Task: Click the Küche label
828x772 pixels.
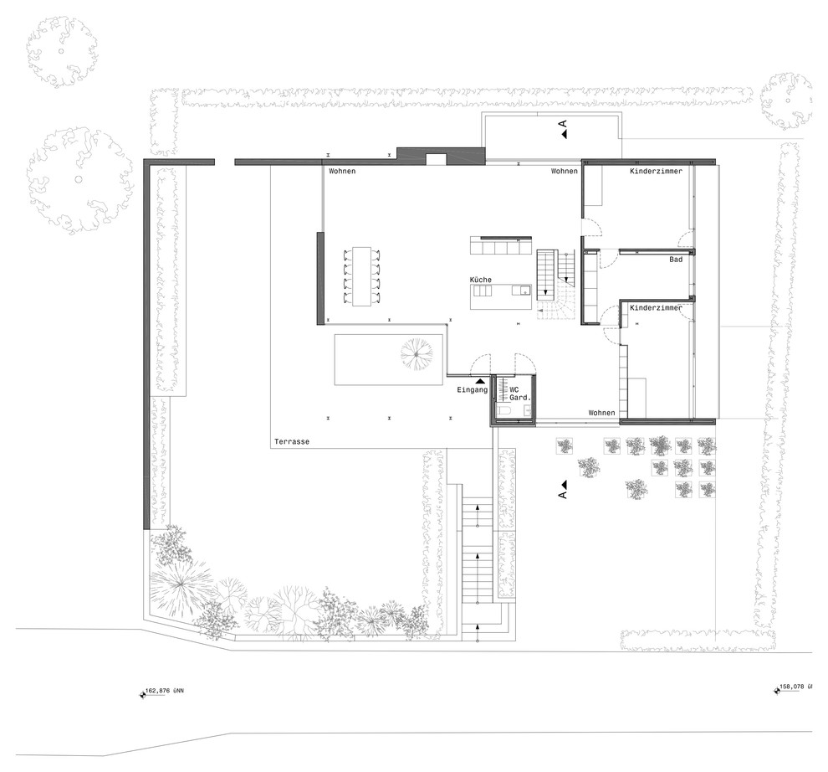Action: pyautogui.click(x=481, y=280)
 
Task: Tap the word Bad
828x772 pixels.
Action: pyautogui.click(x=676, y=259)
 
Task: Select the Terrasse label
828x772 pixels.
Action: pyautogui.click(x=292, y=441)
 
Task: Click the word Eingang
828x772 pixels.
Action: pyautogui.click(x=472, y=389)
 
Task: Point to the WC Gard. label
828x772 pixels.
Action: pyautogui.click(x=519, y=394)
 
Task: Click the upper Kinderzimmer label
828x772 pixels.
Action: pyautogui.click(x=656, y=171)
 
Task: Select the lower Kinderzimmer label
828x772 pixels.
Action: pyautogui.click(x=656, y=307)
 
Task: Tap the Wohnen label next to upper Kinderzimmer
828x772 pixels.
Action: pyautogui.click(x=565, y=171)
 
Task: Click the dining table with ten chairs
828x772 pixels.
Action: pyautogui.click(x=362, y=275)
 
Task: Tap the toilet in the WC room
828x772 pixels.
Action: pyautogui.click(x=502, y=411)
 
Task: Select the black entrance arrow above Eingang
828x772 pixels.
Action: pyautogui.click(x=480, y=380)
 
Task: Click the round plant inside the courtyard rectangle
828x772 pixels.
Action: pyautogui.click(x=417, y=353)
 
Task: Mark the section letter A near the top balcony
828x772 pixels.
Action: pyautogui.click(x=563, y=124)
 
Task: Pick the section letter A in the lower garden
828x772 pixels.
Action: pyautogui.click(x=562, y=494)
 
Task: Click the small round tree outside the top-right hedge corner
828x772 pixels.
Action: pyautogui.click(x=785, y=101)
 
